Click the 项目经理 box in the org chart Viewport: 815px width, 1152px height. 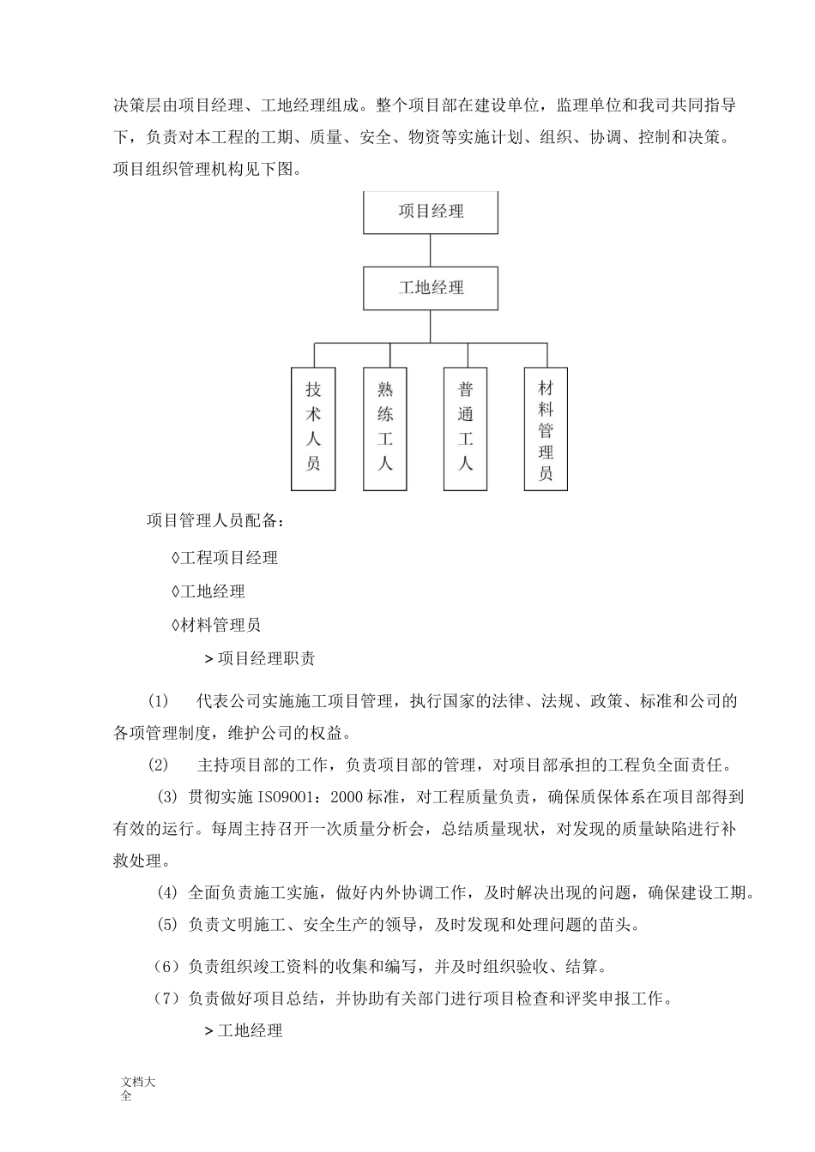coord(431,212)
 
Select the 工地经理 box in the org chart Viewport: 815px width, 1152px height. coord(431,288)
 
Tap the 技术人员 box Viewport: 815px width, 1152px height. coord(313,429)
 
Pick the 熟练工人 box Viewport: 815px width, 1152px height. coord(385,429)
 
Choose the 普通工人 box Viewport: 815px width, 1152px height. coord(466,429)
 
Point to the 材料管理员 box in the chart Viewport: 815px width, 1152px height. coord(546,429)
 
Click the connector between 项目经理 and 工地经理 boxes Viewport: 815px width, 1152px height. coord(431,249)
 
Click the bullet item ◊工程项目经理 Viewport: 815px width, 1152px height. coord(225,558)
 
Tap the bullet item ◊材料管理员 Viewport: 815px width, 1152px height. coord(216,625)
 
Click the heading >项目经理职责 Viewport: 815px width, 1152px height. coord(260,658)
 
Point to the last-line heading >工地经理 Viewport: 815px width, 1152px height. coord(244,1030)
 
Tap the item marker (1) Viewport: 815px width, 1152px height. coord(159,701)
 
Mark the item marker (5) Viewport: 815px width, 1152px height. coord(167,925)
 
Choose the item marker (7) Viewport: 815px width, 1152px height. coord(166,998)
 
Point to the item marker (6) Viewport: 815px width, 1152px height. coord(166,967)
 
